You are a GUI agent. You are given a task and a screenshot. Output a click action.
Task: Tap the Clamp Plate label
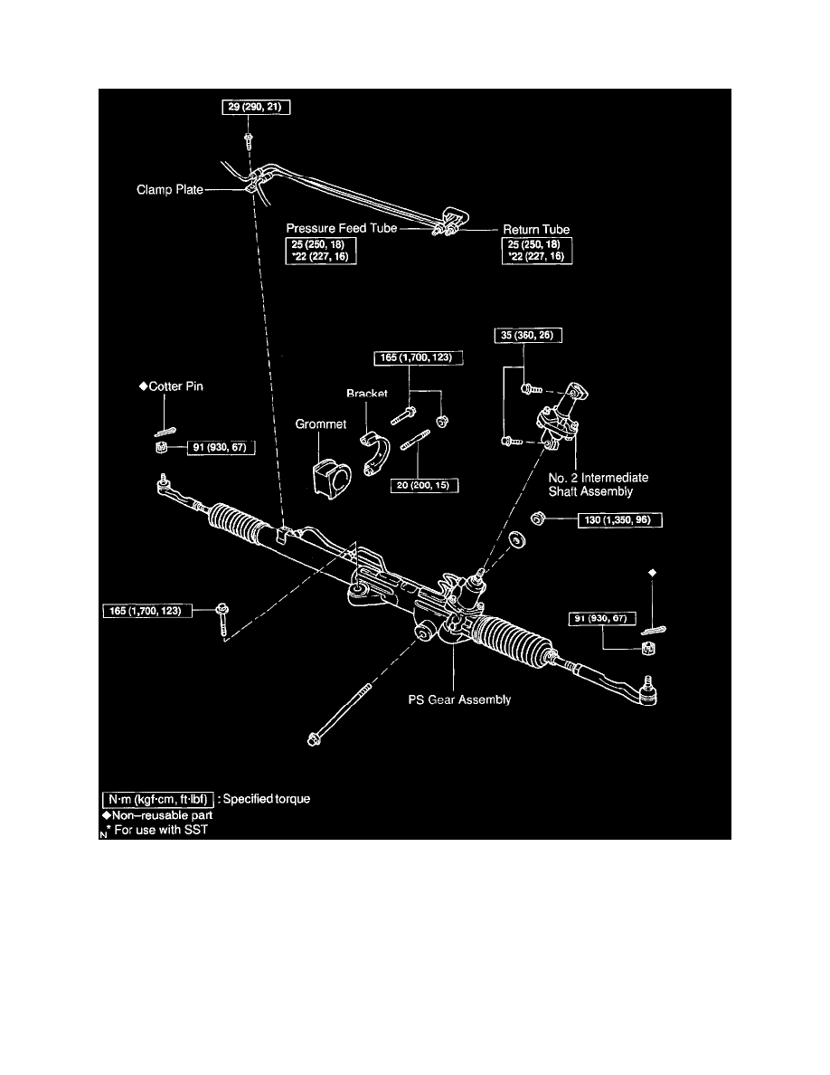coord(170,191)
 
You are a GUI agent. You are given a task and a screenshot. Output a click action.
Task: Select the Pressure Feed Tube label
coord(342,229)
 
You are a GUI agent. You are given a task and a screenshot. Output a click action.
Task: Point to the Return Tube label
coord(536,229)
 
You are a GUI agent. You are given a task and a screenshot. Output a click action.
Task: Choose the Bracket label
coord(366,395)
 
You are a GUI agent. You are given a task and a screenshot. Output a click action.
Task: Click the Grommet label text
coord(321,423)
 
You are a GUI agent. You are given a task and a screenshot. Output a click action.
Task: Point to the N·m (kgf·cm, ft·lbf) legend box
coord(157,800)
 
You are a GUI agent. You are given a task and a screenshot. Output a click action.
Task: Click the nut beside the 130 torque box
coord(536,519)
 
